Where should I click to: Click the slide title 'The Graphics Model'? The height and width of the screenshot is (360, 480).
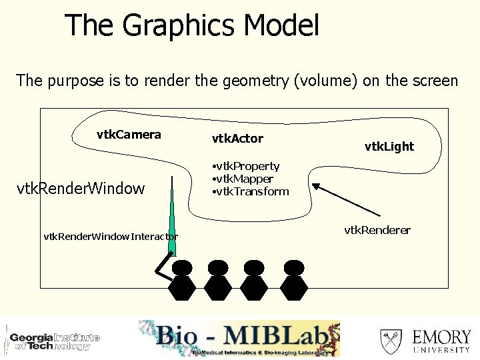(192, 26)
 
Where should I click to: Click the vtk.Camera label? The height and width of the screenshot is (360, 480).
(129, 135)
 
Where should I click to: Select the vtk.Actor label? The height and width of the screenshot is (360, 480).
(237, 139)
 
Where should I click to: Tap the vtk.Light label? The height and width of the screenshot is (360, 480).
(389, 146)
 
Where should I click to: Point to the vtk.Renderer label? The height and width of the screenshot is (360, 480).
(377, 230)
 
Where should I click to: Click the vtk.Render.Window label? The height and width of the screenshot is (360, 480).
(80, 189)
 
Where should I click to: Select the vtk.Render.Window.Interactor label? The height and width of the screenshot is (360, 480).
(111, 236)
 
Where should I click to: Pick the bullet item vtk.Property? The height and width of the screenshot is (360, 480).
(245, 166)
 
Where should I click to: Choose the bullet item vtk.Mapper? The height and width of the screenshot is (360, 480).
(242, 179)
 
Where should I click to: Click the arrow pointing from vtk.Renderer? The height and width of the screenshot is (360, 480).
(339, 199)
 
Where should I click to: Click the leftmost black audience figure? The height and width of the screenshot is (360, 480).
(181, 280)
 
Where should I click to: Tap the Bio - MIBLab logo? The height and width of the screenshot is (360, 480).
(239, 339)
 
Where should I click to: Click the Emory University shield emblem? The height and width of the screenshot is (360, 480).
(391, 341)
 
